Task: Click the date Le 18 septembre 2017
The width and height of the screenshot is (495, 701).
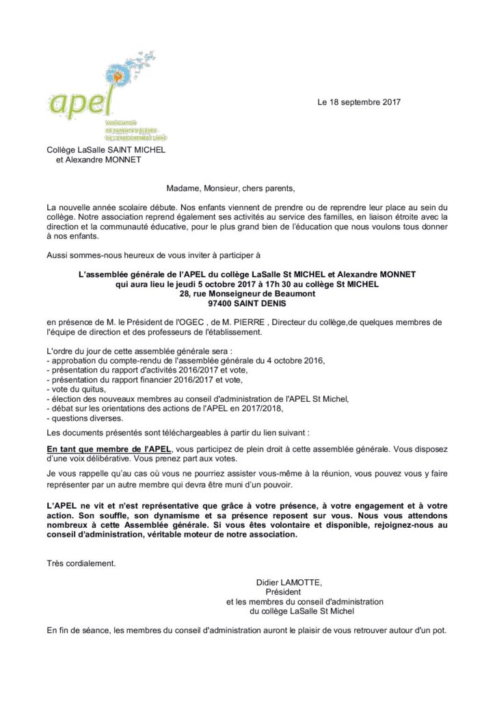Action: pyautogui.click(x=358, y=102)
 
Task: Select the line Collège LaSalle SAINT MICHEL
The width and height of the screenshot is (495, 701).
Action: pyautogui.click(x=106, y=150)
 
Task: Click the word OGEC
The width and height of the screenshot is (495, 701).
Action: pyautogui.click(x=209, y=322)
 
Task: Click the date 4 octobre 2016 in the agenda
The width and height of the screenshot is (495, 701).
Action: pyautogui.click(x=293, y=361)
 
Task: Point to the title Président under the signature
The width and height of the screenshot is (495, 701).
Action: pyautogui.click(x=282, y=591)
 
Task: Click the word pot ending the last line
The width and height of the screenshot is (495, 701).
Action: pyautogui.click(x=439, y=629)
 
